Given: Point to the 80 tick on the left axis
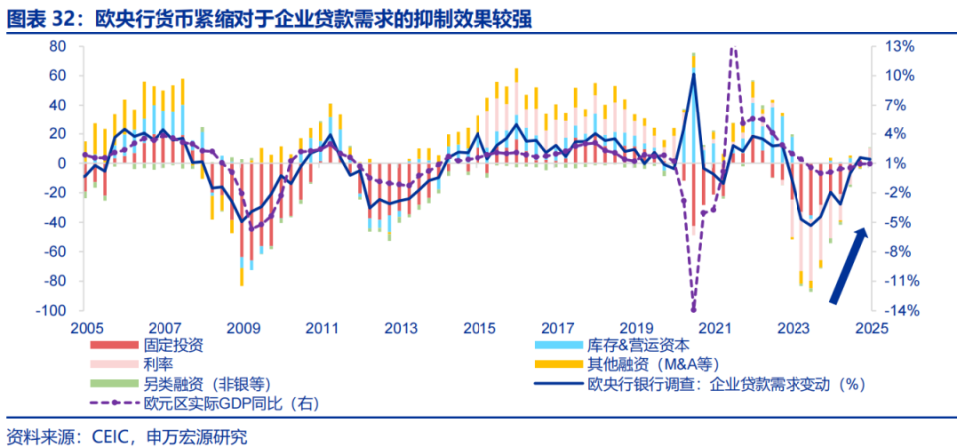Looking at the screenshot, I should pyautogui.click(x=57, y=47).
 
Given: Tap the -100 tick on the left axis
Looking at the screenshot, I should pyautogui.click(x=51, y=311).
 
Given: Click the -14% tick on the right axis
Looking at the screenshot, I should pyautogui.click(x=897, y=311).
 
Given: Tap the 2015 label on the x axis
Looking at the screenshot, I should pyautogui.click(x=479, y=327).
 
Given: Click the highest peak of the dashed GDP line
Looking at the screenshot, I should pyautogui.click(x=733, y=48).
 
